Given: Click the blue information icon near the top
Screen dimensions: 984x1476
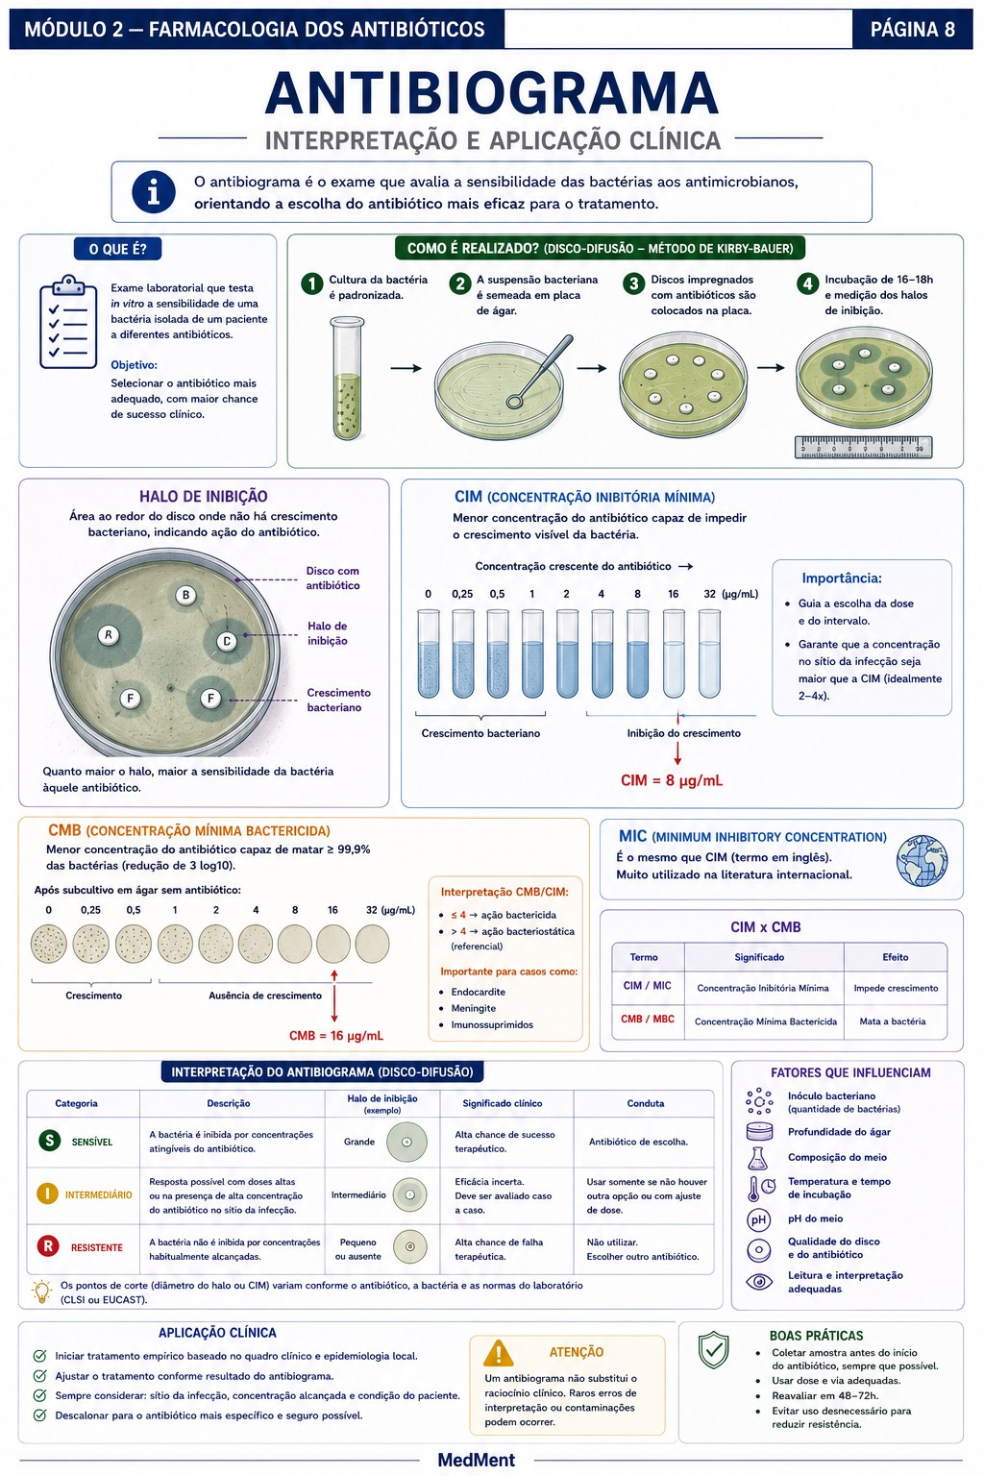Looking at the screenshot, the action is [x=154, y=192].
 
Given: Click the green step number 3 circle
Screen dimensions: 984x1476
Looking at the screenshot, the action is [x=633, y=283].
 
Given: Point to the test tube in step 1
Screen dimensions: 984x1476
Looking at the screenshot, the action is [x=348, y=378].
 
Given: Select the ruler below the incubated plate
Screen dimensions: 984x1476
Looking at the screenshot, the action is [x=863, y=447].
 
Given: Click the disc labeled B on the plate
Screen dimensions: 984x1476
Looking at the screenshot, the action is [x=185, y=595].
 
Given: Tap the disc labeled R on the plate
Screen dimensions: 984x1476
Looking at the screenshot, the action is [x=108, y=635].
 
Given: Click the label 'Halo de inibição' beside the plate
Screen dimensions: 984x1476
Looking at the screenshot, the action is [x=328, y=633].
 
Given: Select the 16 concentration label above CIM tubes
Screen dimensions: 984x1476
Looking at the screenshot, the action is [x=673, y=594].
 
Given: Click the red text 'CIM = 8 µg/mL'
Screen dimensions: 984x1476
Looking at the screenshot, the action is [x=672, y=781].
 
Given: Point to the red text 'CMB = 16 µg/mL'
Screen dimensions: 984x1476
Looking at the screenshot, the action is [x=336, y=1036].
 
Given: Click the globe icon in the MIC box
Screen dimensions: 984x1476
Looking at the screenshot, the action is [x=922, y=861].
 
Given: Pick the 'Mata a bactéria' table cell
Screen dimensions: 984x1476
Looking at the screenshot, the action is [x=893, y=1021].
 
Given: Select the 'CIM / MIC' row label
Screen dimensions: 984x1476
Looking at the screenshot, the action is [x=648, y=986].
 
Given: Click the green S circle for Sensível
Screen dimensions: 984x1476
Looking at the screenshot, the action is [x=49, y=1141].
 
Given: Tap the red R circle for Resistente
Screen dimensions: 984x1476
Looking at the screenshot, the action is [x=47, y=1246].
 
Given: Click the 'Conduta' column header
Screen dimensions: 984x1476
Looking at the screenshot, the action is [x=645, y=1103].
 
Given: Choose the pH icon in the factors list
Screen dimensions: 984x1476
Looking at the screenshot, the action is [x=758, y=1219].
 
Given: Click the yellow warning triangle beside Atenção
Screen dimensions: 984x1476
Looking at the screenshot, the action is [x=499, y=1353].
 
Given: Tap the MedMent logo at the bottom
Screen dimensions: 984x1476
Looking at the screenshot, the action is [x=477, y=1461].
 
